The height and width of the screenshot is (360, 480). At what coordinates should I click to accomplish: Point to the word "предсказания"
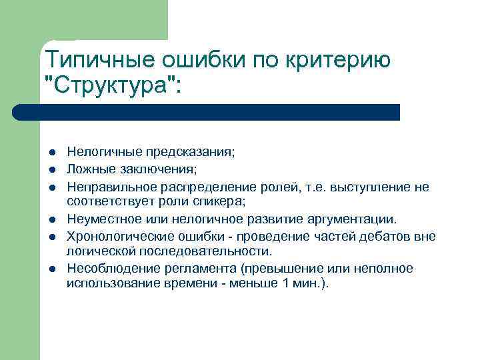(194, 152)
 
